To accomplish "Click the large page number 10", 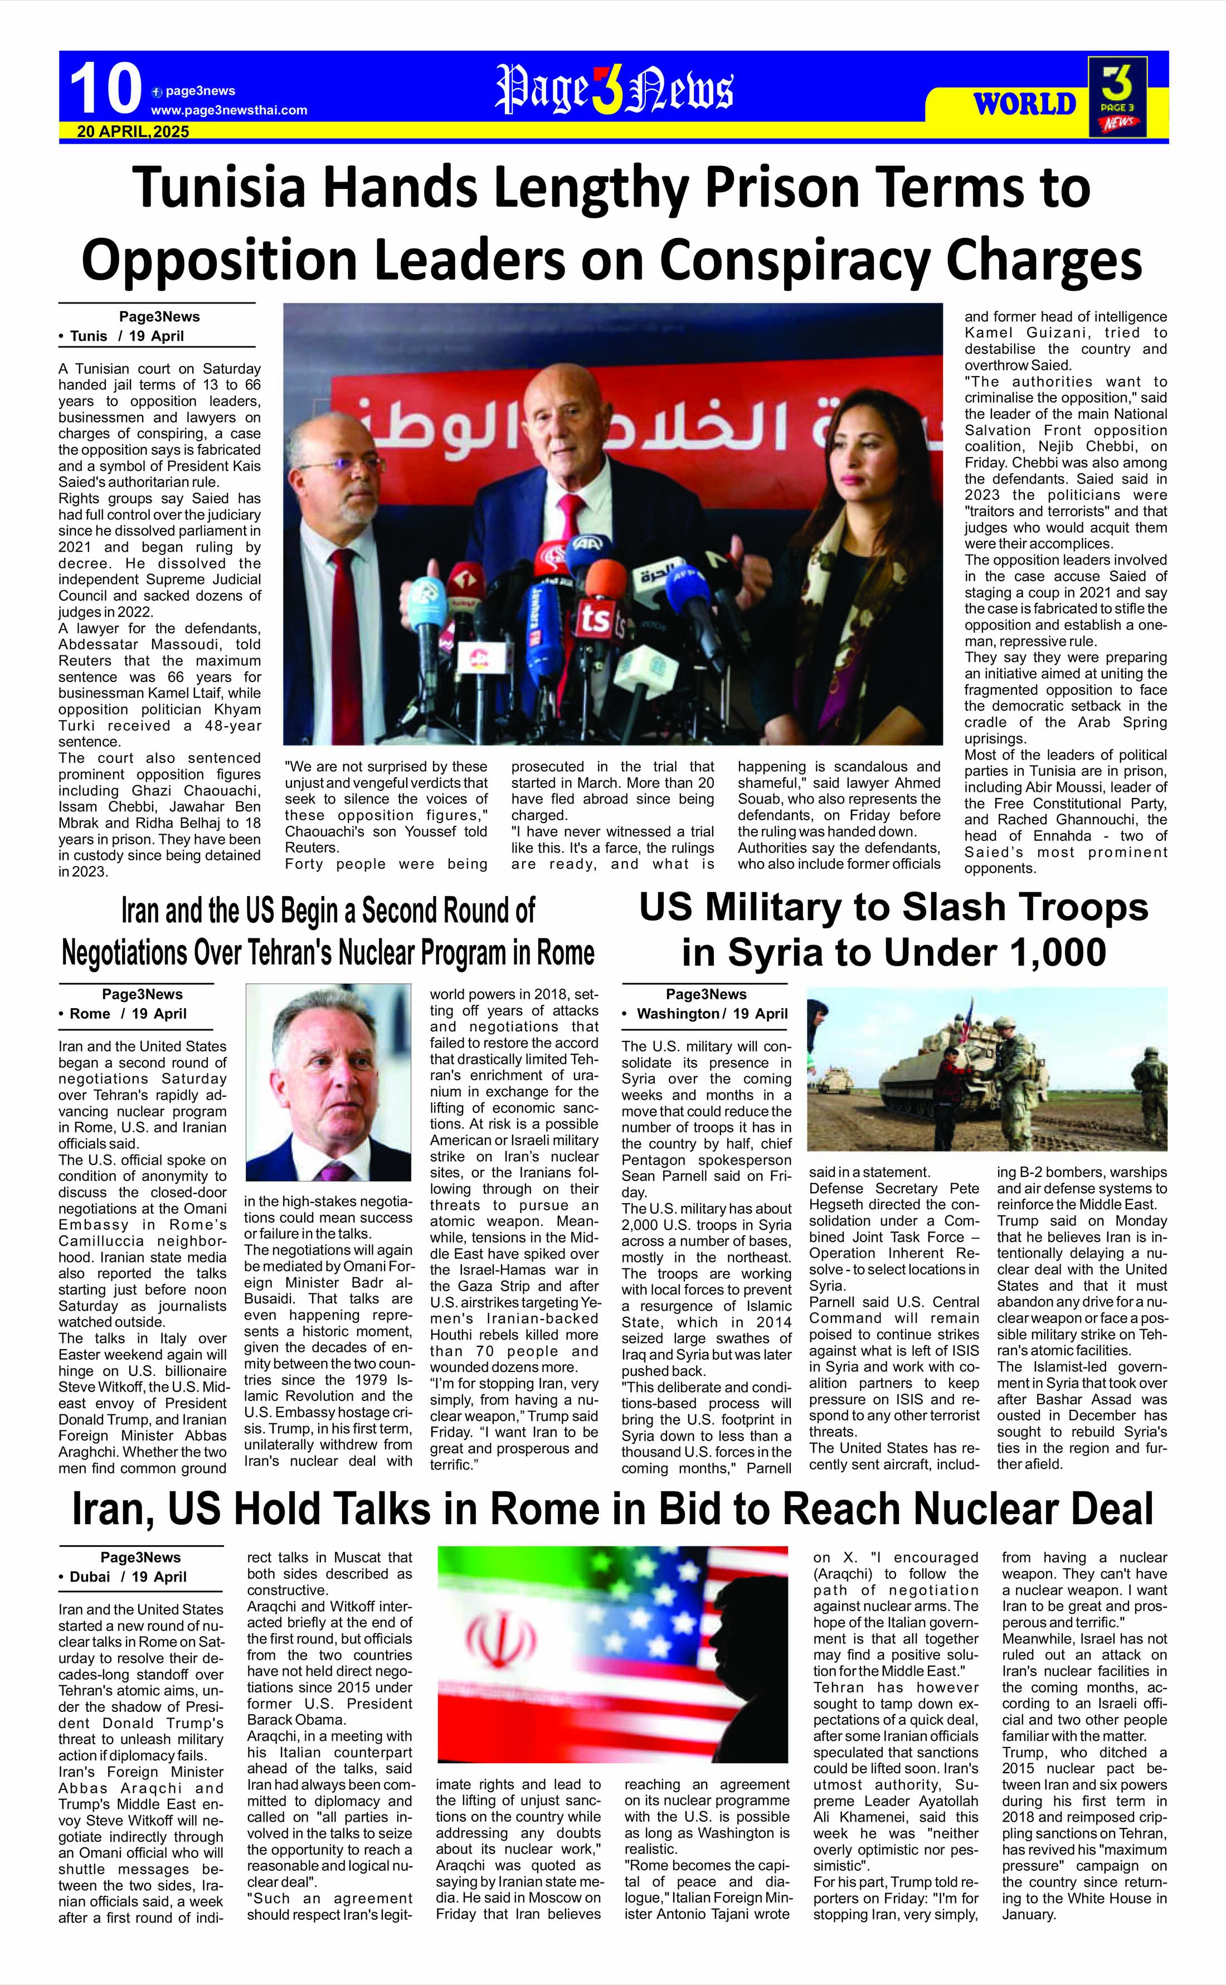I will pyautogui.click(x=105, y=89).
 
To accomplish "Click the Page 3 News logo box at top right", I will pyautogui.click(x=1117, y=96).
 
